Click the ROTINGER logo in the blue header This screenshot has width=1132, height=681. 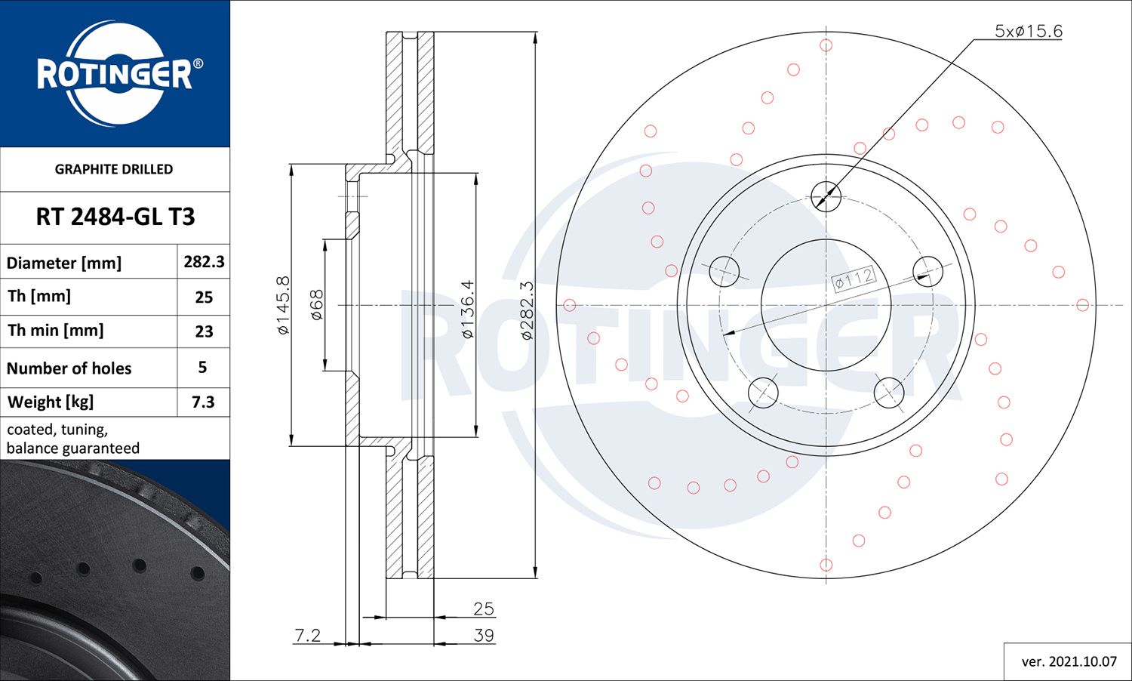coord(115,73)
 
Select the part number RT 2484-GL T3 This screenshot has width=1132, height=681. coord(115,217)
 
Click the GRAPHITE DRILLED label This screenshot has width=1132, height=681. coord(114,169)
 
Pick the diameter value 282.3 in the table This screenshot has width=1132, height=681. coord(204,262)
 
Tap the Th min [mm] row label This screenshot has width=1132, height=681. coord(56,331)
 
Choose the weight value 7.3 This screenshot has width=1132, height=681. coord(203,402)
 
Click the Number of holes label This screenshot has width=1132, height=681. coord(69,368)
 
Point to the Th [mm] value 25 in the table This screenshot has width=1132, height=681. coord(204,297)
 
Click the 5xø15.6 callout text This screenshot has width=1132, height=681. coord(1028,31)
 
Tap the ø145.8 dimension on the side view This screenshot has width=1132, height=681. coord(283,305)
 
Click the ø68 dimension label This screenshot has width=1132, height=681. coord(317,305)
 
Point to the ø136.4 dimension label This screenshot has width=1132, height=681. coord(467,309)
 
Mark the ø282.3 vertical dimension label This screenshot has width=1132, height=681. coord(527,310)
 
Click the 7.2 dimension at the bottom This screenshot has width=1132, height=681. coord(307,635)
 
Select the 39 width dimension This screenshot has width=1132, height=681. coord(483,635)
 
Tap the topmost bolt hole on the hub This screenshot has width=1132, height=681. coord(826,196)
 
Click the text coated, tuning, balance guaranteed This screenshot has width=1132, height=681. coord(73,439)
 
